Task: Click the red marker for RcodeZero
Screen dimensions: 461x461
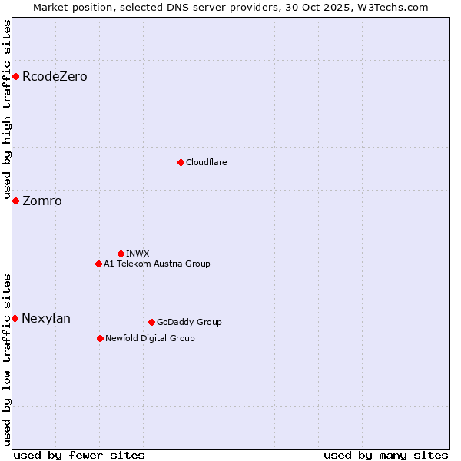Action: coord(15,76)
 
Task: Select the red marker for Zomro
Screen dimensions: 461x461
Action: coord(15,201)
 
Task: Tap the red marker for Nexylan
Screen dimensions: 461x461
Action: coord(15,318)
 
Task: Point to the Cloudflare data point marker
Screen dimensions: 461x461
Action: coord(181,162)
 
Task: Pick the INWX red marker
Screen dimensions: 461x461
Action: coord(121,254)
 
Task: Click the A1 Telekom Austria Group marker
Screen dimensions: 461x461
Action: coord(98,264)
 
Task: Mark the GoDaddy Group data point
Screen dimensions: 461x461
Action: coord(151,322)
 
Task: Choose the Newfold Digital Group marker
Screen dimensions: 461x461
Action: coord(100,338)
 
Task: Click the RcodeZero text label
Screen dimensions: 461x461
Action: coord(55,77)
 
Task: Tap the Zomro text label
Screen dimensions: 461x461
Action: coord(42,201)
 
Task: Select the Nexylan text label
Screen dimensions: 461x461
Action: coord(46,319)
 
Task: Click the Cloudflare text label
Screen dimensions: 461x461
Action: coord(206,162)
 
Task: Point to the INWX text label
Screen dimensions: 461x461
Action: coord(138,254)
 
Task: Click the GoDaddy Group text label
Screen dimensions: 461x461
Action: coord(189,322)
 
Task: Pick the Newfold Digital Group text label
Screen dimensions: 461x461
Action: coord(150,338)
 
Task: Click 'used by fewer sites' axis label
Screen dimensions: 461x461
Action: coord(79,455)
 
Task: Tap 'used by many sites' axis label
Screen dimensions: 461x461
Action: coord(386,455)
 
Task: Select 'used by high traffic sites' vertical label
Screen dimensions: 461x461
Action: coord(8,108)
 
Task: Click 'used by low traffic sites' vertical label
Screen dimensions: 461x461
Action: coord(8,360)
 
